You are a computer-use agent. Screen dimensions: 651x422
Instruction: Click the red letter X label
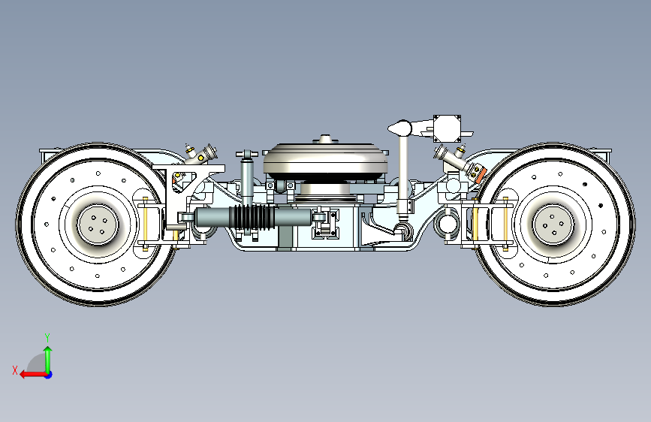[15, 369]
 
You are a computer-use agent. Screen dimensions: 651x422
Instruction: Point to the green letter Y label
[47, 336]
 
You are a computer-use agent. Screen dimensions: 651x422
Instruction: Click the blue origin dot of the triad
[48, 374]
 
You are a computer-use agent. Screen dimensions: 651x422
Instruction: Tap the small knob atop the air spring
[325, 138]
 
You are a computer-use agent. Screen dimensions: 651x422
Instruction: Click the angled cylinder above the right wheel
[452, 158]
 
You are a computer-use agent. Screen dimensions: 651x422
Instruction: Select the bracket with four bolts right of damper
[327, 226]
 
